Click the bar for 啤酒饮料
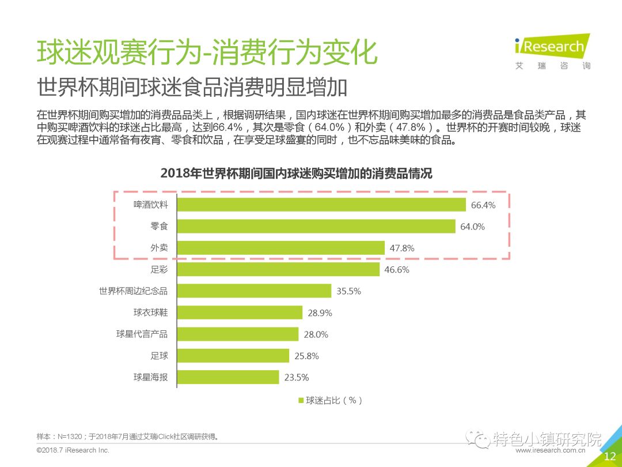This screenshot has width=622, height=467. tap(321, 205)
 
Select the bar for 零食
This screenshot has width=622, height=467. tap(316, 226)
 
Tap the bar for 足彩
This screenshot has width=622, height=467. tap(278, 269)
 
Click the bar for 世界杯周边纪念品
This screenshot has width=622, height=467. tap(253, 291)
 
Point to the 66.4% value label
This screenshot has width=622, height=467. tap(483, 205)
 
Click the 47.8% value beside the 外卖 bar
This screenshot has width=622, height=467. tap(401, 248)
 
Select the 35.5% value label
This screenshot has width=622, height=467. tap(348, 291)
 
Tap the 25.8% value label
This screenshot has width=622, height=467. tap(306, 356)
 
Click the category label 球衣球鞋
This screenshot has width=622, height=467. tap(150, 312)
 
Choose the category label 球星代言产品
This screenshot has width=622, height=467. tap(142, 334)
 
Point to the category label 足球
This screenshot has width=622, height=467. tap(159, 356)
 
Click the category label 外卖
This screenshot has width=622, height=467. tap(159, 248)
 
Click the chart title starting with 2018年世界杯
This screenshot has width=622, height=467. tap(296, 173)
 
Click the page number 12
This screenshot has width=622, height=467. tap(609, 457)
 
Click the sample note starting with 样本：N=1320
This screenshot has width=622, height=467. tap(128, 436)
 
